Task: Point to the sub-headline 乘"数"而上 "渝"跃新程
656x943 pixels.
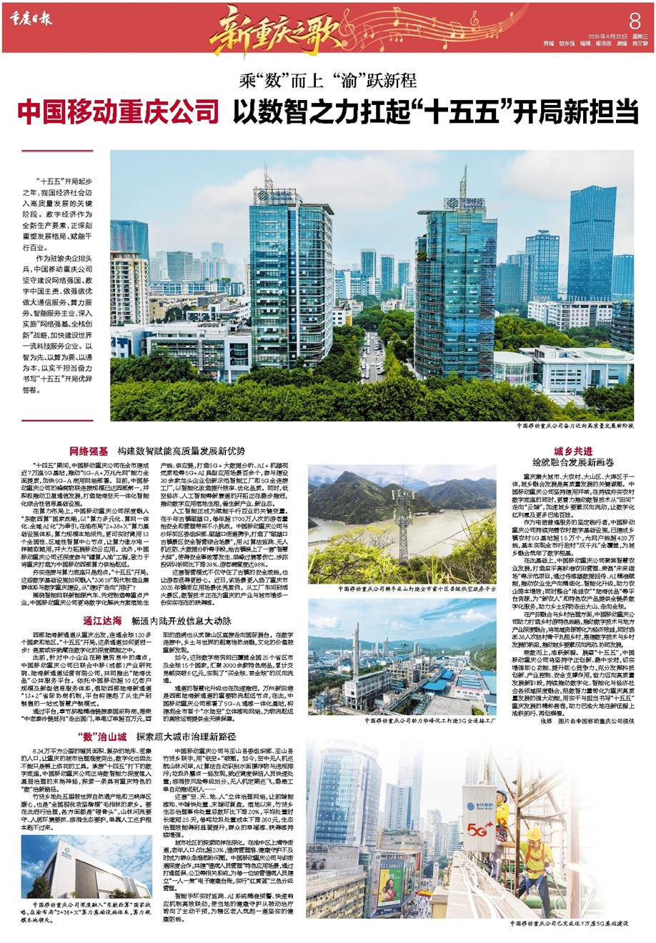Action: pos(327,81)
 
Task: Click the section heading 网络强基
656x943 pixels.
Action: pos(88,451)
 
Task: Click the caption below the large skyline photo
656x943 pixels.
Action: pos(572,425)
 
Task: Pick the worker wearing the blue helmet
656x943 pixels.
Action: pos(502,794)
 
